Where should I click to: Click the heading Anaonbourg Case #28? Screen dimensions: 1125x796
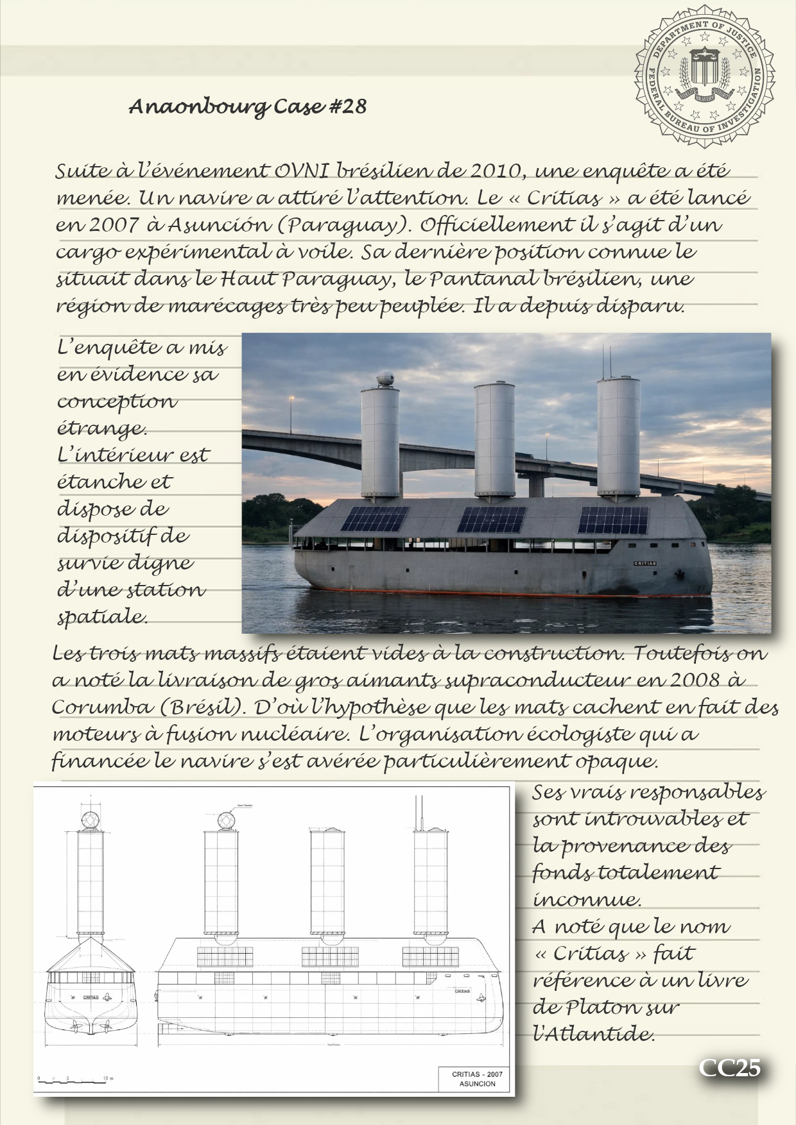click(248, 106)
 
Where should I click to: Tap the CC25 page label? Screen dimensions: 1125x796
click(730, 1067)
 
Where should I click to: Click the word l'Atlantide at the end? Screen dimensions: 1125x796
click(594, 1034)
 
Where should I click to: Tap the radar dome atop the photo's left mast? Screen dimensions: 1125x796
click(385, 378)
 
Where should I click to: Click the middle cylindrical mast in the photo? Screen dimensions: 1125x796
click(494, 439)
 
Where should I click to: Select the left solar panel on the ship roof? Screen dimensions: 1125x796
click(376, 520)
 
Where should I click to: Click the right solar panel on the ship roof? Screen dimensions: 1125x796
click(613, 520)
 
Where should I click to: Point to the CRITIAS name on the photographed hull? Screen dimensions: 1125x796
click(645, 562)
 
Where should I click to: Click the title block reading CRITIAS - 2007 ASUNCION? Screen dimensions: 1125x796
click(477, 1079)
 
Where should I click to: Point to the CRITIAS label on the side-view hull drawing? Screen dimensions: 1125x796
click(462, 991)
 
